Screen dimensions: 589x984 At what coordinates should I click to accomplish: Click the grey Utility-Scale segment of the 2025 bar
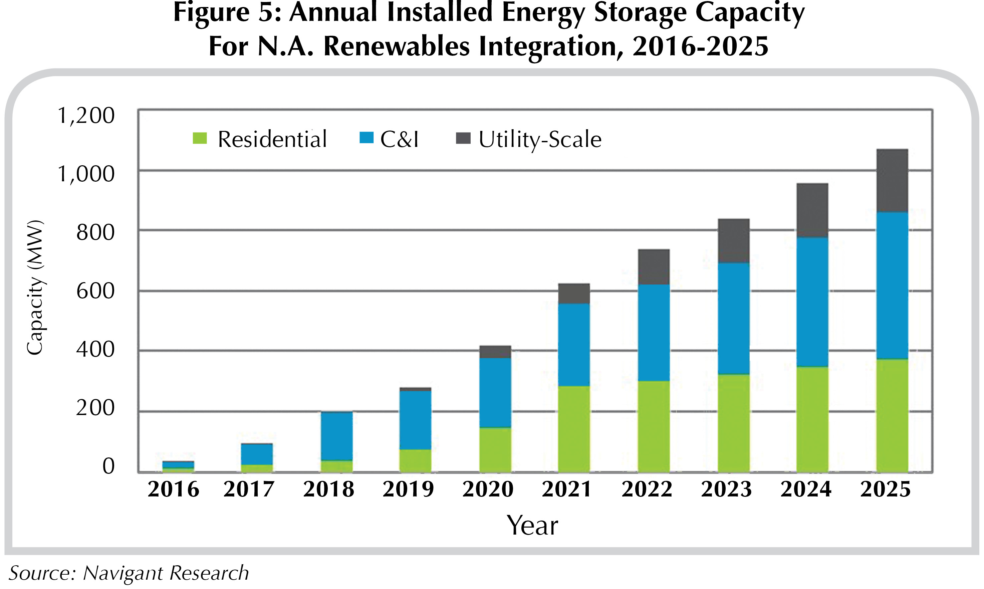coord(892,181)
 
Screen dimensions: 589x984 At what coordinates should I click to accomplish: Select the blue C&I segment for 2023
coord(733,318)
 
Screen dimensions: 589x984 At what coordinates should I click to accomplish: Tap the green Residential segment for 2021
coord(574,429)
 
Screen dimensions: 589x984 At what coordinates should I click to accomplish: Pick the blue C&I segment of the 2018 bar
coord(336,436)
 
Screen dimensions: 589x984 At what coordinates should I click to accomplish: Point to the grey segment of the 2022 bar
coord(654,267)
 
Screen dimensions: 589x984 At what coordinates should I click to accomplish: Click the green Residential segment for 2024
coord(812,419)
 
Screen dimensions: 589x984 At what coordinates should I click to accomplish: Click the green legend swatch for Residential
coord(200,139)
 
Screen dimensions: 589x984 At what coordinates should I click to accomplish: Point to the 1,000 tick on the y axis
coord(86,174)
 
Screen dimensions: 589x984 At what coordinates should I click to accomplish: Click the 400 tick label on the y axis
coord(95,350)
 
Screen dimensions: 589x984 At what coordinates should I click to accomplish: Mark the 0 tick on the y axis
coord(108,466)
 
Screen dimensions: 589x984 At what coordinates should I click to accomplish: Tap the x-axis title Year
coord(532,526)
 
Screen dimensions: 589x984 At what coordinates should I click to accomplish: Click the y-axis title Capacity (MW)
coord(35,287)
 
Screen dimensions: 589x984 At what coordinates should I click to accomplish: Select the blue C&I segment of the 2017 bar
coord(257,454)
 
